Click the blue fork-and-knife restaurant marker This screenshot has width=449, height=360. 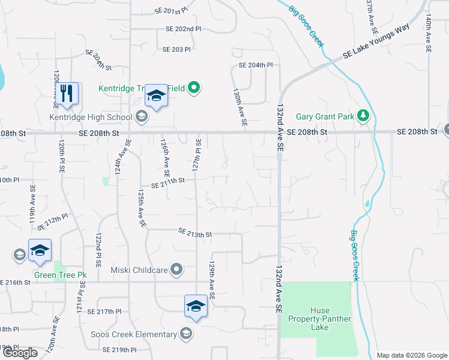pos(67,94)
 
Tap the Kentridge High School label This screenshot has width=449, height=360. pos(91,116)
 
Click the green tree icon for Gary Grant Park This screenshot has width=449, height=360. pos(362,116)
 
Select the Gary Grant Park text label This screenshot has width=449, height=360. pos(325,116)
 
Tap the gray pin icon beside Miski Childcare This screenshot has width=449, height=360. pos(176,269)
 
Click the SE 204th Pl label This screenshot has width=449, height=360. pos(256,65)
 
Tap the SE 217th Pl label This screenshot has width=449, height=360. pos(104,311)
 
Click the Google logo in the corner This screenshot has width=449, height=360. pos(20,353)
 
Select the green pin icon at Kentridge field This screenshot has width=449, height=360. pos(193,88)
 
